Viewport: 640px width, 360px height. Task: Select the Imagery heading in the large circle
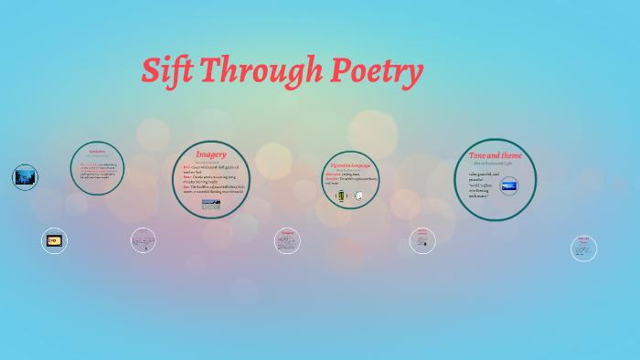(x=211, y=154)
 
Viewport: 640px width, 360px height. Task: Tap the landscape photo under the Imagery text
(x=211, y=205)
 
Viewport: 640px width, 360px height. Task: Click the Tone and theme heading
(x=495, y=155)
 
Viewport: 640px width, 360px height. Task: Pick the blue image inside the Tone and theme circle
(x=507, y=186)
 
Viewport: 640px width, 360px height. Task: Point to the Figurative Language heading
(x=352, y=165)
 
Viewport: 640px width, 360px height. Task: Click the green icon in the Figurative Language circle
(x=341, y=196)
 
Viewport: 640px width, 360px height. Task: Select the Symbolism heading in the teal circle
(x=97, y=149)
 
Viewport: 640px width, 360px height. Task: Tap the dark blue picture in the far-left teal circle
(x=25, y=177)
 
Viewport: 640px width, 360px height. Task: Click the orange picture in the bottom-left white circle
(x=54, y=240)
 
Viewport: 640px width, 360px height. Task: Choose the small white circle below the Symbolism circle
(x=143, y=240)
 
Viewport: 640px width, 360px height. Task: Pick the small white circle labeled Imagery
(x=287, y=240)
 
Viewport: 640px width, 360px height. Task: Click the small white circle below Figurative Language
(x=422, y=240)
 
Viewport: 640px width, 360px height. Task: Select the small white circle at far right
(x=583, y=248)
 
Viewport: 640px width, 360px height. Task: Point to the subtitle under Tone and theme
(x=495, y=164)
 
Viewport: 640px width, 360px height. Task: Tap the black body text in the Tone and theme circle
(x=485, y=184)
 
